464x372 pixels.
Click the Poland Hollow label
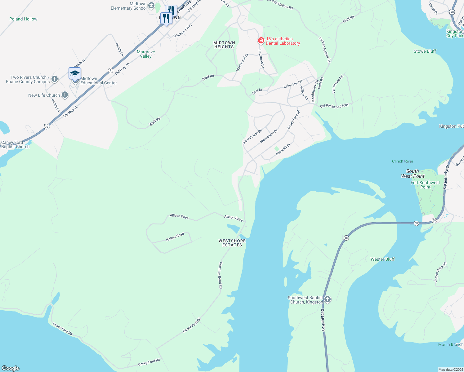[23, 19]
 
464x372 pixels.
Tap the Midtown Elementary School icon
[151, 5]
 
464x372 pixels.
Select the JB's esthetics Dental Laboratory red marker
[261, 41]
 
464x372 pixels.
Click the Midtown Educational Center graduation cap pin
[75, 74]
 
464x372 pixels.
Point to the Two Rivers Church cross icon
[55, 79]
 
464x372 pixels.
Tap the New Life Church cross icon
[65, 95]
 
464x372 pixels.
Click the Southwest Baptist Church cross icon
[328, 299]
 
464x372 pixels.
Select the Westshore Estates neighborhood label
[232, 243]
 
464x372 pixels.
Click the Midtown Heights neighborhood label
[224, 45]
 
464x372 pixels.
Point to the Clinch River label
[402, 161]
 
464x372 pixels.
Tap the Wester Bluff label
[382, 259]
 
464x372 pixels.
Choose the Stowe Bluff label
[425, 51]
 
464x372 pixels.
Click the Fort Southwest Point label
[425, 185]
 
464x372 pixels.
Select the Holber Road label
[175, 237]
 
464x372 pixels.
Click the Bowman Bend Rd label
[221, 275]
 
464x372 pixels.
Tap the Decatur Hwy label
[323, 320]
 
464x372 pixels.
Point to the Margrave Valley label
[146, 54]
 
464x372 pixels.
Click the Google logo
[11, 368]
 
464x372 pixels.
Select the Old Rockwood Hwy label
[334, 106]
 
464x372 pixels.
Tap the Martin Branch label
[450, 344]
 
